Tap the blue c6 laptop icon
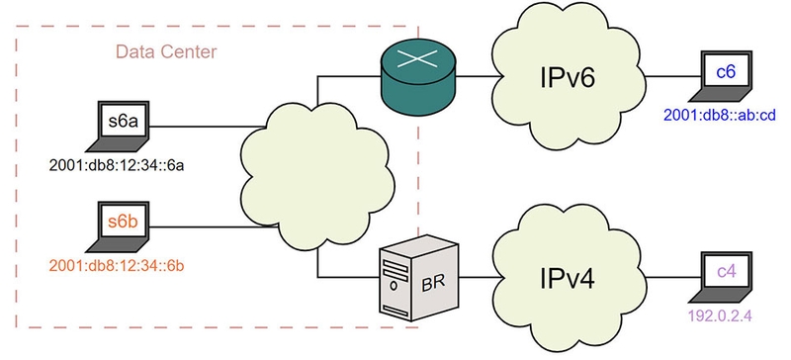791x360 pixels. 726,77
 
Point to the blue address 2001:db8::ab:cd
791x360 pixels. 725,113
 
